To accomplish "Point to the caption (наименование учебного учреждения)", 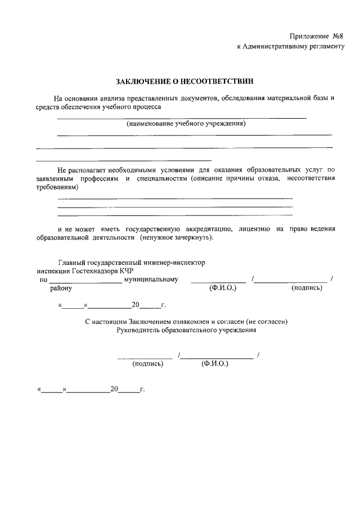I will pos(186,123).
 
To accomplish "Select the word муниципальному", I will pos(151,279).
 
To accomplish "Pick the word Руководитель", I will pos(138,331).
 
